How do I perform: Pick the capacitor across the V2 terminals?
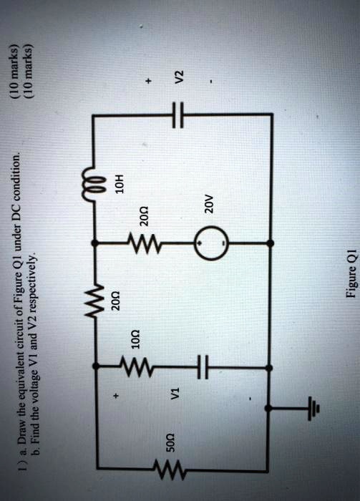(x=179, y=113)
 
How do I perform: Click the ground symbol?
(x=311, y=409)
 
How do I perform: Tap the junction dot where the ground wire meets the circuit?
(x=268, y=408)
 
